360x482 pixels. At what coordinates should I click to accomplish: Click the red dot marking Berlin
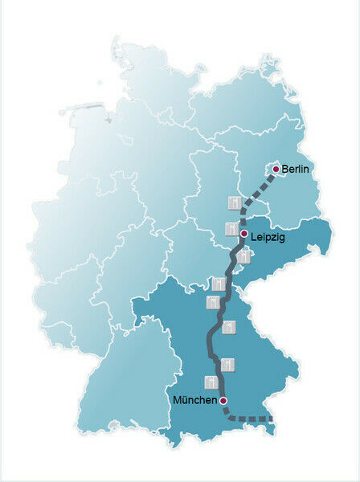276,170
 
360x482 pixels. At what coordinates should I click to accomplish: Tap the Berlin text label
296,170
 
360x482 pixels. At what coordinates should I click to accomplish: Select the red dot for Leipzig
243,234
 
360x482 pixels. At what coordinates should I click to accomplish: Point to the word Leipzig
268,238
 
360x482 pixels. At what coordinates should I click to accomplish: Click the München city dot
223,400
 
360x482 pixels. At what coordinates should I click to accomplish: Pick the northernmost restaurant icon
233,201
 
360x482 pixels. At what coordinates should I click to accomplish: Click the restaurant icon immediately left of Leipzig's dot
231,229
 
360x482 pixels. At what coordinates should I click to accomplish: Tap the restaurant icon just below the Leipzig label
243,257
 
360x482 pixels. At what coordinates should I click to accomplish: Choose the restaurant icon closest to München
211,382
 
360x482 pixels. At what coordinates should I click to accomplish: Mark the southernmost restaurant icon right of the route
227,365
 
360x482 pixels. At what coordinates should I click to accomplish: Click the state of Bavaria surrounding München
257,353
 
